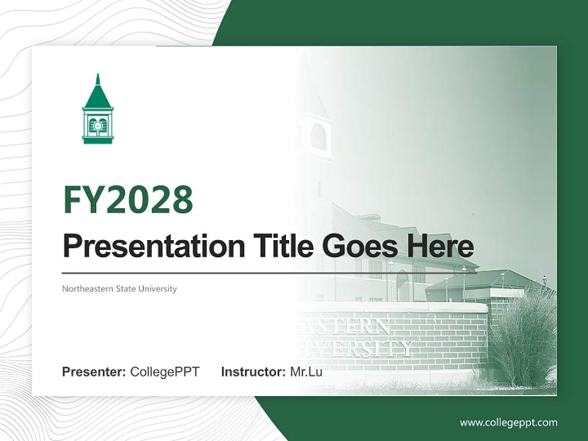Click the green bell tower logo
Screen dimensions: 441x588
pyautogui.click(x=98, y=110)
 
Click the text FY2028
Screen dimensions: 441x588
pyautogui.click(x=128, y=200)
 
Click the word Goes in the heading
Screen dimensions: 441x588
pyautogui.click(x=358, y=246)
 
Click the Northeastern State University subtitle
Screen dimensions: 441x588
pyautogui.click(x=119, y=288)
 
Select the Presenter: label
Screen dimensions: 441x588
pyautogui.click(x=94, y=372)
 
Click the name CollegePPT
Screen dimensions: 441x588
pyautogui.click(x=165, y=372)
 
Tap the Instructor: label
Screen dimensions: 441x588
pyautogui.click(x=253, y=372)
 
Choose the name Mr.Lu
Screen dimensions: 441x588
pyautogui.click(x=306, y=372)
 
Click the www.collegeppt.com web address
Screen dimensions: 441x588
pyautogui.click(x=508, y=423)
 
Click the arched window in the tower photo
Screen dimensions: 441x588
pyautogui.click(x=318, y=137)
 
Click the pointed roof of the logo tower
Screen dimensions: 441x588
pyautogui.click(x=98, y=92)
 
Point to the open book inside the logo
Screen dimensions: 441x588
pyautogui.click(x=98, y=126)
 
